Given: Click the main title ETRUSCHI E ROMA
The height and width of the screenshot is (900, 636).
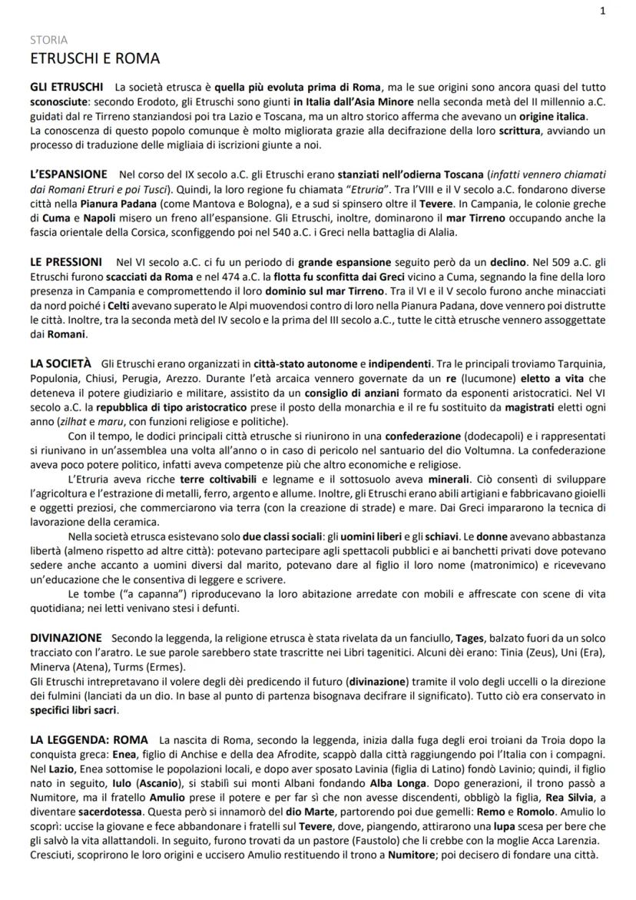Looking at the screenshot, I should tap(95, 58).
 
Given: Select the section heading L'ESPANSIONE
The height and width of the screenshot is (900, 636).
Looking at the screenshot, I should tap(70, 176).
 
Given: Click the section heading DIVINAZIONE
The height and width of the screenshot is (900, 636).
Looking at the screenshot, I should tap(66, 638).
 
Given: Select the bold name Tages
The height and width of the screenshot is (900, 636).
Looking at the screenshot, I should tap(470, 638).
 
